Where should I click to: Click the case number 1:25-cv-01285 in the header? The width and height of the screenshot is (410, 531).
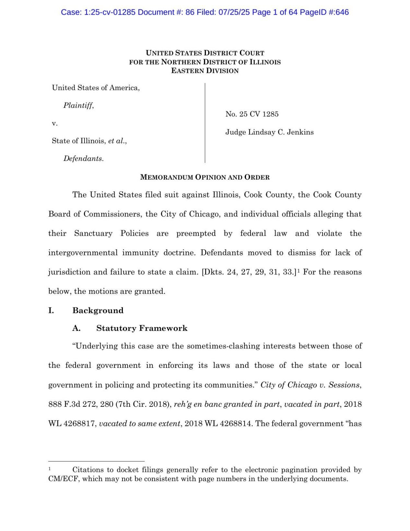pyautogui.click(x=110, y=12)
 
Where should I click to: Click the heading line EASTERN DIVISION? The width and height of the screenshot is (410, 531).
pyautogui.click(x=205, y=71)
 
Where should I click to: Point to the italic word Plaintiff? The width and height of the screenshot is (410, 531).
pyautogui.click(x=78, y=105)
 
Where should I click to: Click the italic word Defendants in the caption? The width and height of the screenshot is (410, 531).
pyautogui.click(x=83, y=159)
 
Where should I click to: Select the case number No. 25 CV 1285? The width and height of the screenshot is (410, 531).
pyautogui.click(x=252, y=114)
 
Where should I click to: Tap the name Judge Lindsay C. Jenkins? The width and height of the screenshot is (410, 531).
pyautogui.click(x=269, y=132)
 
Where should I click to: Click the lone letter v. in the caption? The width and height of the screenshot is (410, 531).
pyautogui.click(x=54, y=123)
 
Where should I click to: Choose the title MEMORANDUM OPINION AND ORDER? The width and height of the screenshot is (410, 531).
pyautogui.click(x=205, y=177)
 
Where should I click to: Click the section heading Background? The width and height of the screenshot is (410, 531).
pyautogui.click(x=98, y=310)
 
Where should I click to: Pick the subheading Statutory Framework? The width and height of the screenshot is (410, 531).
pyautogui.click(x=142, y=328)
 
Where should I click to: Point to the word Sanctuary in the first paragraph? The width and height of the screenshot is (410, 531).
pyautogui.click(x=93, y=234)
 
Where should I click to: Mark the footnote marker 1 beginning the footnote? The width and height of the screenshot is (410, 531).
pyautogui.click(x=50, y=469)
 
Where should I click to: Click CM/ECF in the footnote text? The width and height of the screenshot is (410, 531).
pyautogui.click(x=63, y=479)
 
